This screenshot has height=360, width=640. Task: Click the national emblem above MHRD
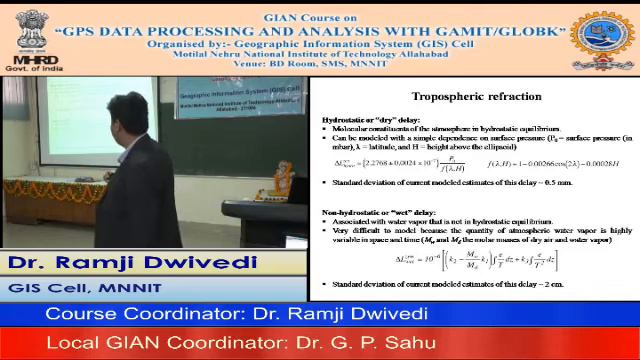[31, 25]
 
